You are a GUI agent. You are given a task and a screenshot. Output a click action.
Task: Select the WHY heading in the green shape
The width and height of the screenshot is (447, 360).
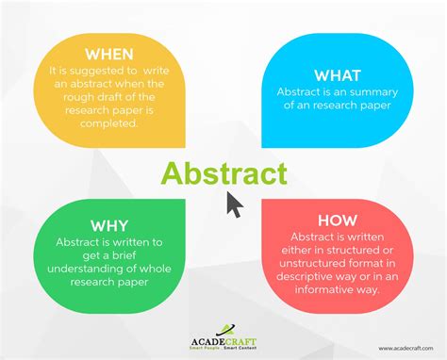110,224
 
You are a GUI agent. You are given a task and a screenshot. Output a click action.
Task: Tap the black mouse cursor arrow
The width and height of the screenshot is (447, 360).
235,204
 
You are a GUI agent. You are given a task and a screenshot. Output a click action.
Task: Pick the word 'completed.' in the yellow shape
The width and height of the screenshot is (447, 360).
109,123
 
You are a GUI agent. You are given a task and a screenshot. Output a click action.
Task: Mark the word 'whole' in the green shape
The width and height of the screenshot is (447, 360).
143,272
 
